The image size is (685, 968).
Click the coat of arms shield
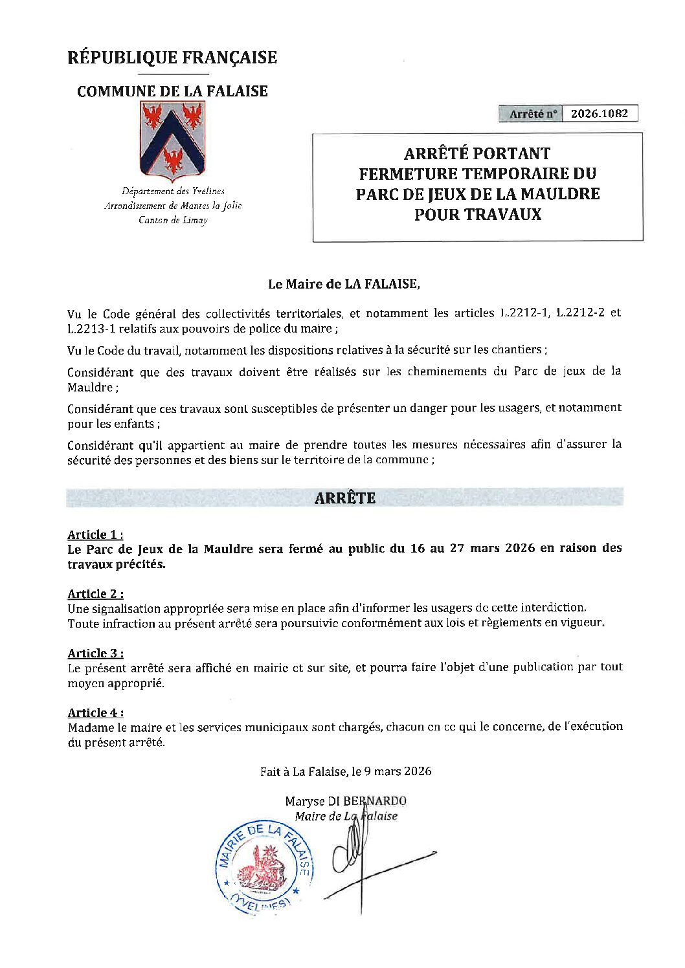coord(172,142)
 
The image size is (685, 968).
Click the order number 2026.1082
coord(599,113)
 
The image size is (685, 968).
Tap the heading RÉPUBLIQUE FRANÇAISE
coord(172,58)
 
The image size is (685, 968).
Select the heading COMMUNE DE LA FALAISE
coord(172,91)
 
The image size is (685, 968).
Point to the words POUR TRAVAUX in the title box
coord(478,214)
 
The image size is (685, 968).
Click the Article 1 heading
coord(95,534)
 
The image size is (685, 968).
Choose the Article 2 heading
coord(95,594)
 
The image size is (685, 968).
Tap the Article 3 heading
coord(95,654)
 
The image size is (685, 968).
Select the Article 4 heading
coord(95,713)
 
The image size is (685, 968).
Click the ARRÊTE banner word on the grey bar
coord(344,498)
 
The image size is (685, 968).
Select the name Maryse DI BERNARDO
coord(346,801)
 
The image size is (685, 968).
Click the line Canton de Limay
coord(173,221)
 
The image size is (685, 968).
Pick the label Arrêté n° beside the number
coord(532,114)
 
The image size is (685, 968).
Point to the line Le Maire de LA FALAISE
coord(344,283)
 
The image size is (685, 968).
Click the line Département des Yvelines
coord(173,192)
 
